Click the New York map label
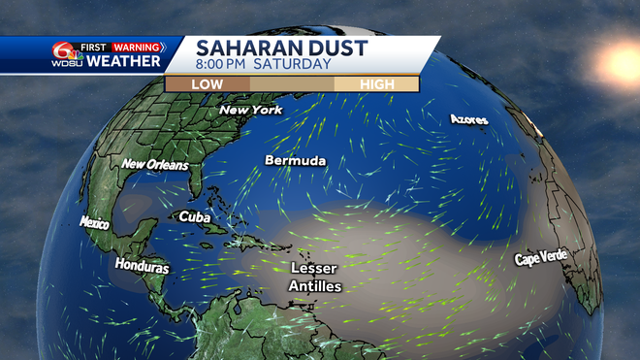coord(251,111)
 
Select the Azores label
coord(468,119)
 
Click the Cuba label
coord(195,217)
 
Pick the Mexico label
coord(95,222)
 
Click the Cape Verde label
coord(541,259)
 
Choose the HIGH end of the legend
coord(376,83)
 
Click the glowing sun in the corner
coord(618,60)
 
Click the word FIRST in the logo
coord(94,47)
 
